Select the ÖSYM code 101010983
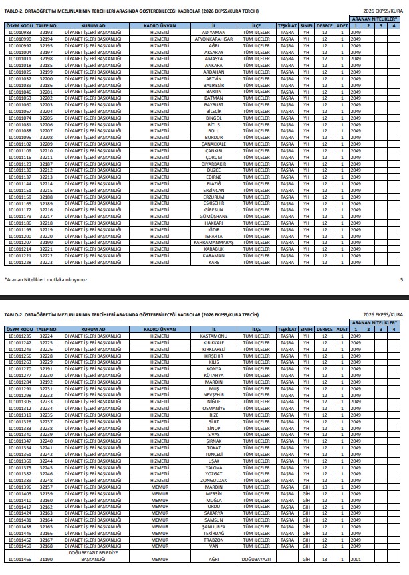tap(19, 32)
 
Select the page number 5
tap(401, 279)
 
